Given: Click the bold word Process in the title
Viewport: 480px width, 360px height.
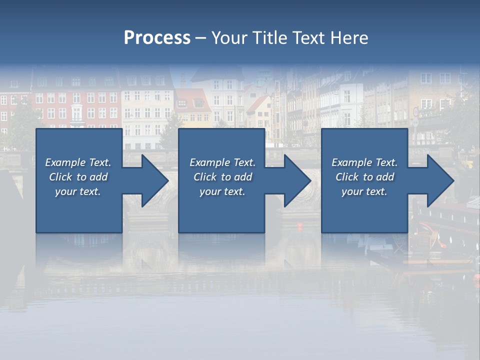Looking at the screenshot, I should [157, 38].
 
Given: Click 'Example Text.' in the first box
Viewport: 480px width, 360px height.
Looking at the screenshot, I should [78, 162].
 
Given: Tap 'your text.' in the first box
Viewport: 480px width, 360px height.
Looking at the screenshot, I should [78, 191].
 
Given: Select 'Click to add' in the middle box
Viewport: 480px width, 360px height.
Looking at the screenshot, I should [222, 177].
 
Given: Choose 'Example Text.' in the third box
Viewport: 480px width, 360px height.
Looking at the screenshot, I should [364, 162].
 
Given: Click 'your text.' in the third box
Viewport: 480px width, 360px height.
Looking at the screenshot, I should [364, 191].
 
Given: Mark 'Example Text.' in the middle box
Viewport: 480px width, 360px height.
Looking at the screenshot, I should [222, 162].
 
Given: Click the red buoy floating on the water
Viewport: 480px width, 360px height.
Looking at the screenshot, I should [300, 226].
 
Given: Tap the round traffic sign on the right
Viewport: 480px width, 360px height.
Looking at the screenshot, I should [415, 111].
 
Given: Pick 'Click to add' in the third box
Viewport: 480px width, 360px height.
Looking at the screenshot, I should [364, 177].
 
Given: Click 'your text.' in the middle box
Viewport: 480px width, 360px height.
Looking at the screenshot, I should [222, 191].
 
